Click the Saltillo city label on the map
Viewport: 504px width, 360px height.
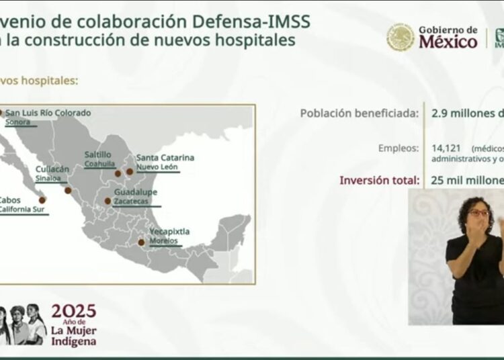click(x=98, y=154)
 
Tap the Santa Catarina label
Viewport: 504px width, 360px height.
click(x=165, y=157)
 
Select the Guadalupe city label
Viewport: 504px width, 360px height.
click(x=136, y=191)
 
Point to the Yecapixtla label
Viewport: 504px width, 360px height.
click(x=169, y=232)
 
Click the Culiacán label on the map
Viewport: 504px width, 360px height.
click(x=52, y=169)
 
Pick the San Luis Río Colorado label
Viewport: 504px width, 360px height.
click(x=48, y=113)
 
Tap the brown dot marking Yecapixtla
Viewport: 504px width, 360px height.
click(x=141, y=242)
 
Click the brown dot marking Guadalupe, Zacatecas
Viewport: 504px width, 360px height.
click(x=108, y=201)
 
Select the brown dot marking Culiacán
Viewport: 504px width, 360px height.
click(x=68, y=190)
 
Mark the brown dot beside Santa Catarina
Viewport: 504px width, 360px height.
click(x=130, y=171)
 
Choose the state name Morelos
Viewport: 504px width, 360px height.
click(x=164, y=240)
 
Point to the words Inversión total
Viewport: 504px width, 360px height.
click(x=380, y=180)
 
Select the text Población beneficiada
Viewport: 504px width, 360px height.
click(x=360, y=113)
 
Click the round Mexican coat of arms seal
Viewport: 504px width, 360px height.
click(x=401, y=38)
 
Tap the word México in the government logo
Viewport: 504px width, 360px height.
click(x=448, y=42)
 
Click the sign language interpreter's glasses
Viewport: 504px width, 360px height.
click(x=478, y=213)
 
